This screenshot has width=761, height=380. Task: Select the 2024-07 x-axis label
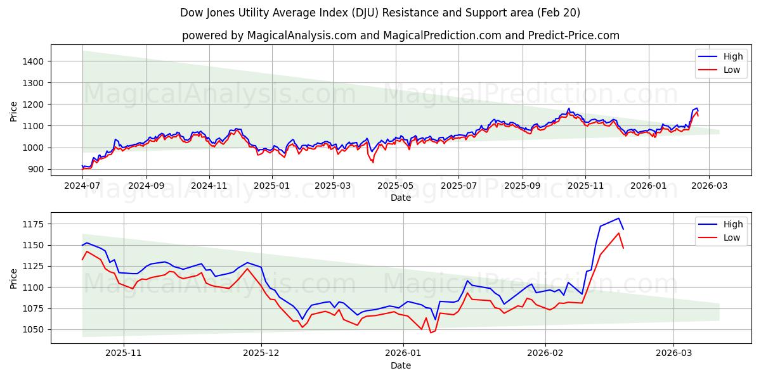coord(82,186)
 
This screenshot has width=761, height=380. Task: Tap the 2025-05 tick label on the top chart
coord(396,186)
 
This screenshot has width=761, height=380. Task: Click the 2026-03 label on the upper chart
coord(709,186)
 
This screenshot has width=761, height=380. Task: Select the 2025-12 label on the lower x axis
coord(261,353)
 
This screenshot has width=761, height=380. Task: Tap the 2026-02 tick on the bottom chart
coord(545,353)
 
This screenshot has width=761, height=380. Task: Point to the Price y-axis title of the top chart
coord(14,110)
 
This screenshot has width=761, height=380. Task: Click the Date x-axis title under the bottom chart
coord(400,365)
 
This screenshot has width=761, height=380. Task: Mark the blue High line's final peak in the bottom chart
coord(618,218)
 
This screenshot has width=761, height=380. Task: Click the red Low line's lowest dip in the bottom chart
coord(430,332)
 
